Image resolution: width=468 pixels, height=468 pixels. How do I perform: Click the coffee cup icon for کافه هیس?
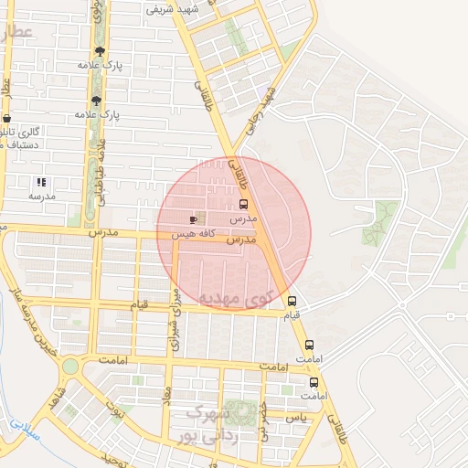[x=193, y=219]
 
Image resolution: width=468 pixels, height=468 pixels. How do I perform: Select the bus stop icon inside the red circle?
[x=243, y=205]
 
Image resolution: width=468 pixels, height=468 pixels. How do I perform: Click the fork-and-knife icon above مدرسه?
[x=41, y=182]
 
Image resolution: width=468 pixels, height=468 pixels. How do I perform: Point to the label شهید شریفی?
[x=172, y=11]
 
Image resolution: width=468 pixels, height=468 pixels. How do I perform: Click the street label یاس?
[x=295, y=417]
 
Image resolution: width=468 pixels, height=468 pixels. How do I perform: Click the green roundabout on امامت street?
[x=69, y=367]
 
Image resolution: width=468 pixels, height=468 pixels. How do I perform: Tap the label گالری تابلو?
[x=22, y=133]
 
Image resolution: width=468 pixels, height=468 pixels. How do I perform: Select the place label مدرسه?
[x=42, y=196]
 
